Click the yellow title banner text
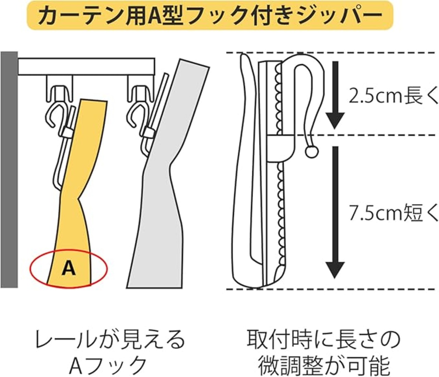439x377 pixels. click(x=210, y=15)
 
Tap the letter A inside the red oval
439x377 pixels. click(x=69, y=268)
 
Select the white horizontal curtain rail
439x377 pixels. click(x=86, y=67)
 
